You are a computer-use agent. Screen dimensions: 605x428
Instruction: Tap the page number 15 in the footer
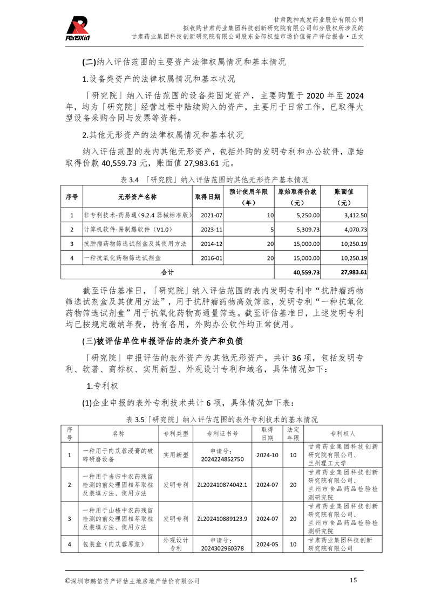pyautogui.click(x=354, y=580)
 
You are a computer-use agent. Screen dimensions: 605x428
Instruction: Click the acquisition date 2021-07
pyautogui.click(x=212, y=215)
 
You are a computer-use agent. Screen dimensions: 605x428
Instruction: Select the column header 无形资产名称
pyautogui.click(x=137, y=197)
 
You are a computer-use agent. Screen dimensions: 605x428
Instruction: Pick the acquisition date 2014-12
pyautogui.click(x=212, y=244)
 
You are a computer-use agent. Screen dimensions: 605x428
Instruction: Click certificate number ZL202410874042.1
pyautogui.click(x=222, y=485)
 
